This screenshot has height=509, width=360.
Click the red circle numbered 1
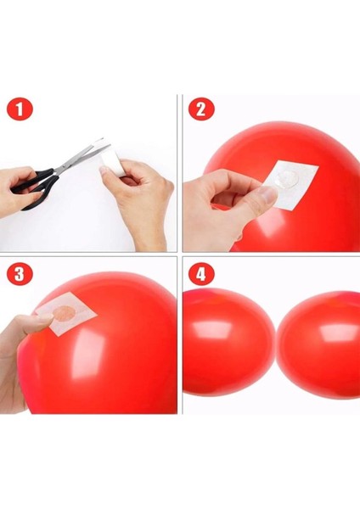[x=20, y=109]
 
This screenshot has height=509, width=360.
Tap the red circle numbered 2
[x=201, y=109]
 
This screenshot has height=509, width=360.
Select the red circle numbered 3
[x=20, y=276]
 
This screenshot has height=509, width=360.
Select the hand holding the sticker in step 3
[x=21, y=356]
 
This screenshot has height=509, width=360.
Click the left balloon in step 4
[x=225, y=344]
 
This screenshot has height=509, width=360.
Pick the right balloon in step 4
[x=323, y=344]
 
